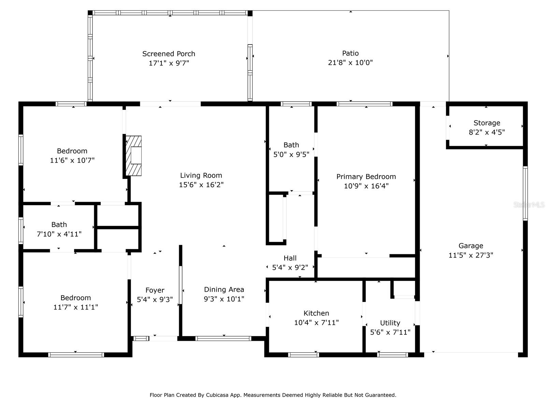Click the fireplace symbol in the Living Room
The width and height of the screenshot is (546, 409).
point(134,156)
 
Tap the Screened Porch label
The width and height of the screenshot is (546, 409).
point(169,54)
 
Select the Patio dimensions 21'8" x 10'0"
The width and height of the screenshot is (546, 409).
point(350,63)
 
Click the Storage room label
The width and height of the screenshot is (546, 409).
point(487,123)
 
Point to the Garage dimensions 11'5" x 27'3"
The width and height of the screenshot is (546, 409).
point(471,255)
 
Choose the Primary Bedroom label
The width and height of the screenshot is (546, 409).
point(366,177)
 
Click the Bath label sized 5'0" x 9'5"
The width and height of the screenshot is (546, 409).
point(291,145)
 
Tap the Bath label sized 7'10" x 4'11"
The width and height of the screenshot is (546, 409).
point(59,225)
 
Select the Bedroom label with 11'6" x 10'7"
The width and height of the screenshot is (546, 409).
point(72,151)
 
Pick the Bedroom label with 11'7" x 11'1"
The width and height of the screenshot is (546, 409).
point(75,298)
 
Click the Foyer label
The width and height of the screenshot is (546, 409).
point(155,290)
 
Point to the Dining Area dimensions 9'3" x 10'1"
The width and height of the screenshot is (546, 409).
point(224,299)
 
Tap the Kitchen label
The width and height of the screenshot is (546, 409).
point(316,313)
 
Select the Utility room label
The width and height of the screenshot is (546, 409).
point(390,323)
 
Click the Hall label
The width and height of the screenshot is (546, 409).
point(290,258)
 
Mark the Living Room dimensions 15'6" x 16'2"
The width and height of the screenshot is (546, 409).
point(201,185)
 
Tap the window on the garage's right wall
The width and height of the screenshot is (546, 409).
point(525,193)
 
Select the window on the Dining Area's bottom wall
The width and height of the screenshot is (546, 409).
point(223,338)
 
